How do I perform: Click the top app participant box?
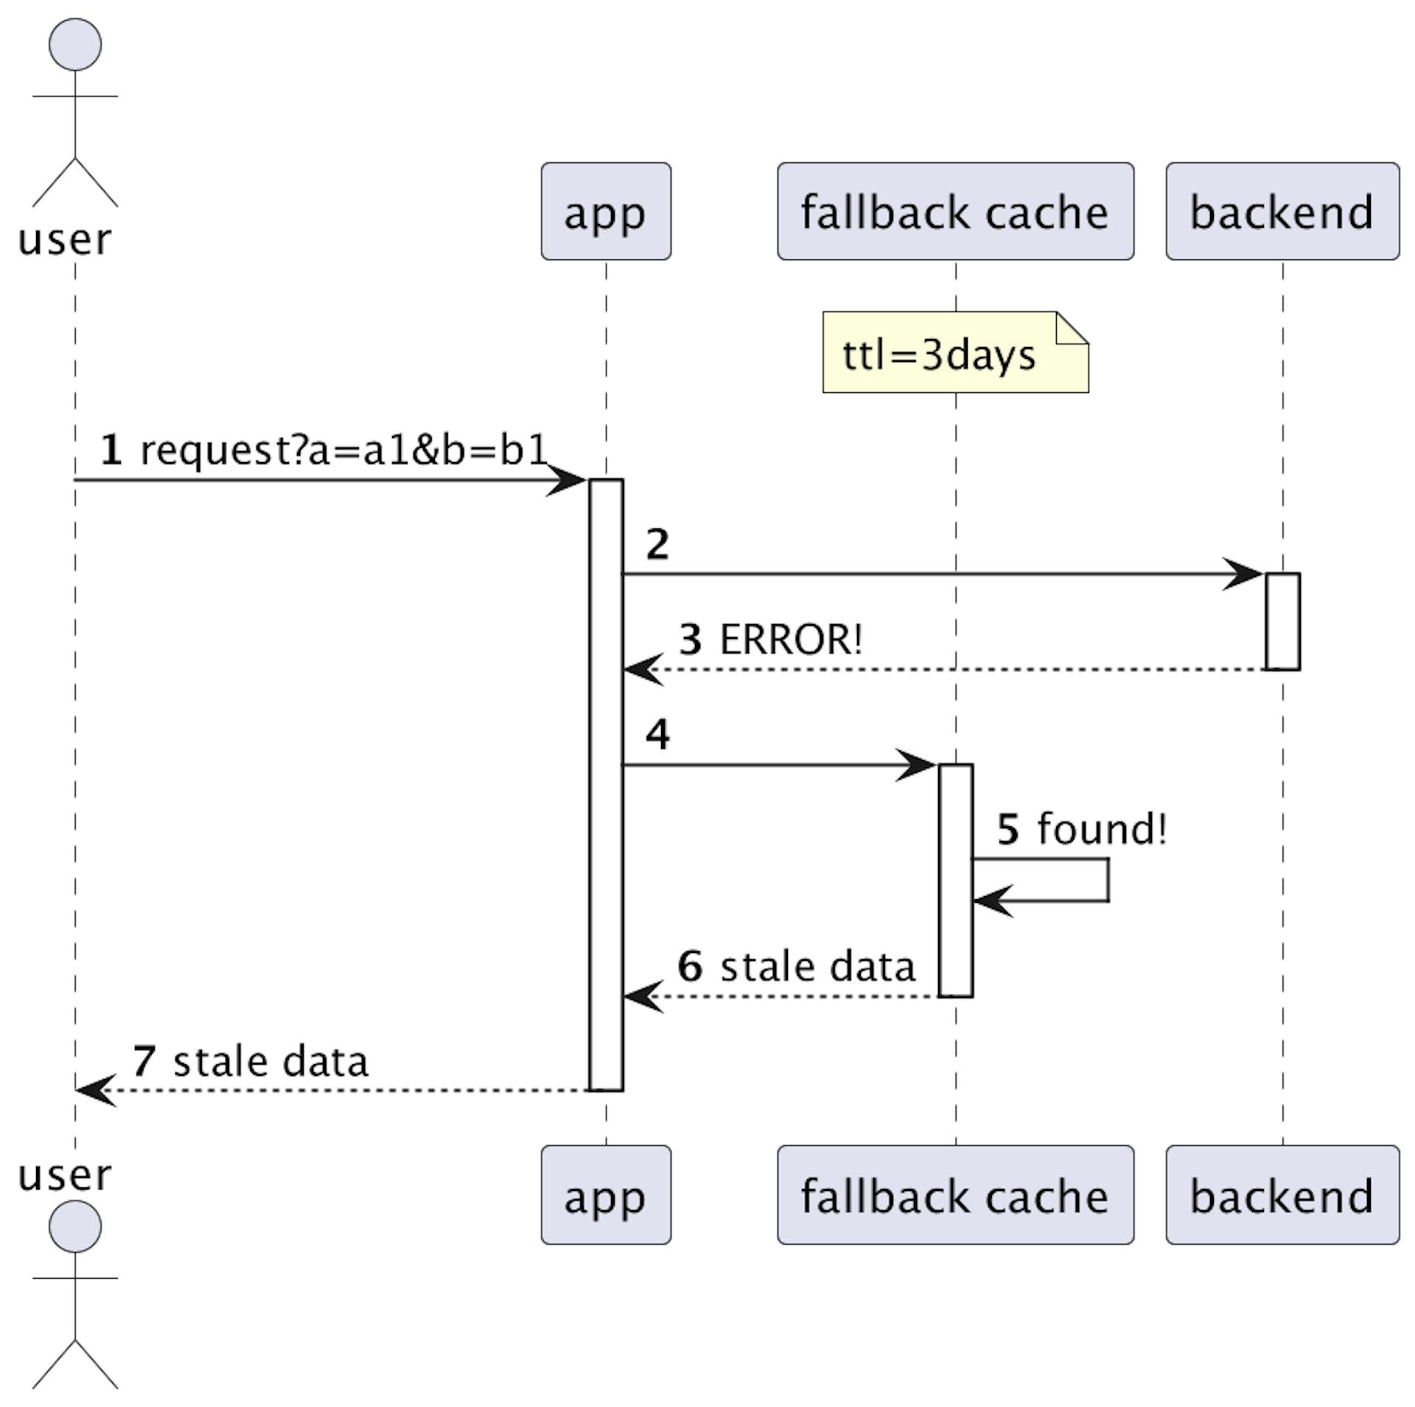coord(606,212)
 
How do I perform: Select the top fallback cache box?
coord(955,212)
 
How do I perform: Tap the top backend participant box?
coord(1282,212)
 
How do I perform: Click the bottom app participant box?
coord(606,1195)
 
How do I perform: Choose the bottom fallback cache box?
coord(955,1195)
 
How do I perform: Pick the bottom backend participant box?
coord(1282,1195)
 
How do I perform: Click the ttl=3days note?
coord(955,352)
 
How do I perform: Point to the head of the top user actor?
coord(75,44)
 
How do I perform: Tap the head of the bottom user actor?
coord(75,1226)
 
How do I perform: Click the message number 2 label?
coord(657,545)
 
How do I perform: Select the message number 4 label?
coord(657,734)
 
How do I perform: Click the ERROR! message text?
coord(790,639)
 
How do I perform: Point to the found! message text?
coord(1102,828)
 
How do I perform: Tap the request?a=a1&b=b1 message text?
coord(343,450)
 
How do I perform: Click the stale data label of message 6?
coord(817,966)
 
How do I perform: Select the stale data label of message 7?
coord(270,1061)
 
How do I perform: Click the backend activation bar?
coord(1282,621)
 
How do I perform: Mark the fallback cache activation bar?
coord(956,881)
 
